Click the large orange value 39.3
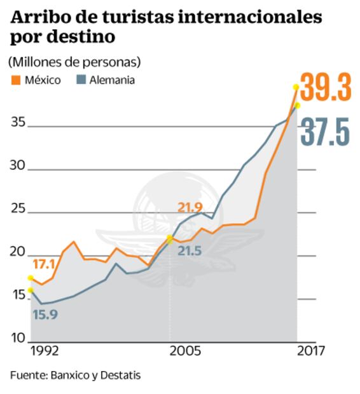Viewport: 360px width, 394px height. coord(325,88)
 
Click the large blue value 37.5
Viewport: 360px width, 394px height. coord(325,132)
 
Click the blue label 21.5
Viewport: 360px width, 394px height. coord(189,251)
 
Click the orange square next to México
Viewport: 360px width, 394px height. coord(16,81)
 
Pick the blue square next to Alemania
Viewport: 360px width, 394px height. coord(80,81)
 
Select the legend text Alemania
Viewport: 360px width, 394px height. coord(112,81)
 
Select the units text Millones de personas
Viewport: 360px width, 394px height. coord(74,63)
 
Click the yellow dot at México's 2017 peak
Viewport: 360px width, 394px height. coord(296,87)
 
